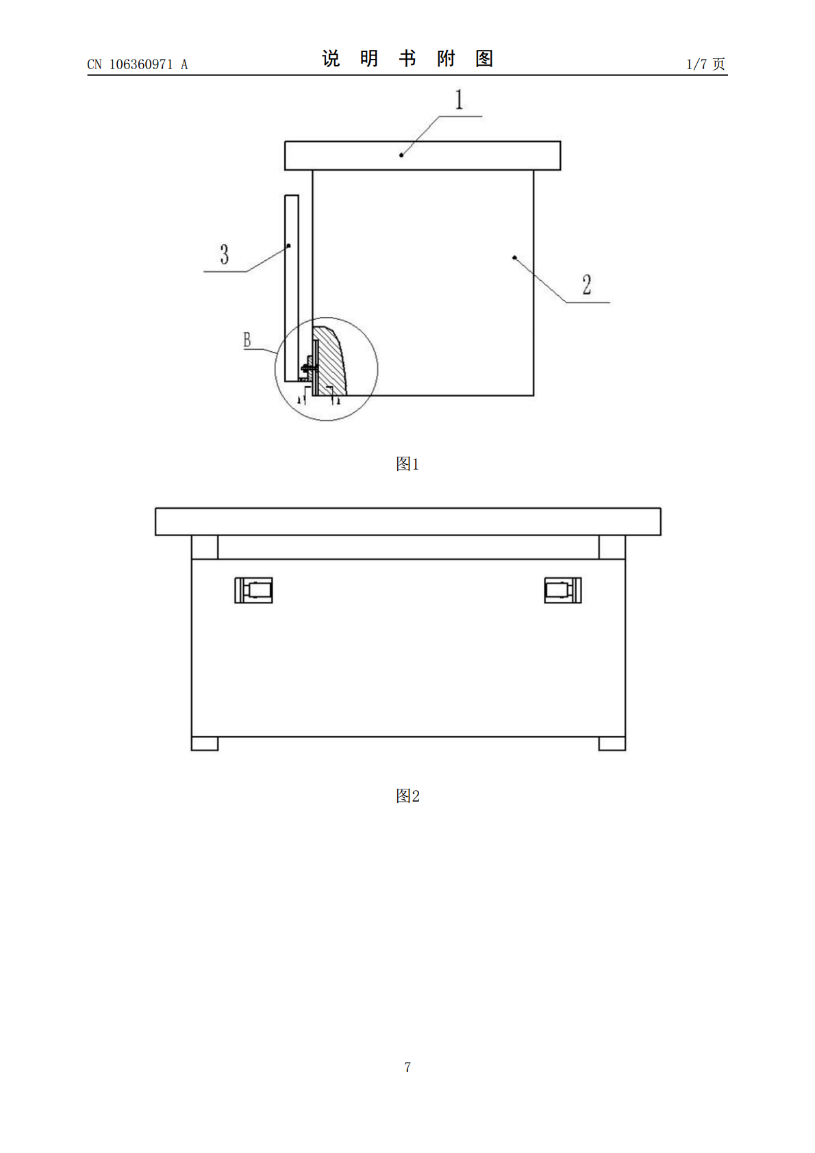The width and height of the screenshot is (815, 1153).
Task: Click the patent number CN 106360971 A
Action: tap(137, 64)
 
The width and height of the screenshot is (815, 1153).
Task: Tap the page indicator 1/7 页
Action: tap(705, 64)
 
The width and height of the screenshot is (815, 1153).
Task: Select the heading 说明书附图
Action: tap(407, 58)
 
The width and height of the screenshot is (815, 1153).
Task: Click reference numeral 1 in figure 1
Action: tap(459, 99)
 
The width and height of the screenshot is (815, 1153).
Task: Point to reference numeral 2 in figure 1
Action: tap(586, 284)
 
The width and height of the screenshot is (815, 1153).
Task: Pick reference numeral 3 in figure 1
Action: tap(225, 254)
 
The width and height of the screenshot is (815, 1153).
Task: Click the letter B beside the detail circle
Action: tap(247, 340)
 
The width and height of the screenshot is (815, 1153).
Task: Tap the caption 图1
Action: tap(407, 464)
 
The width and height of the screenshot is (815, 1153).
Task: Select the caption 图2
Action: tap(407, 796)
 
